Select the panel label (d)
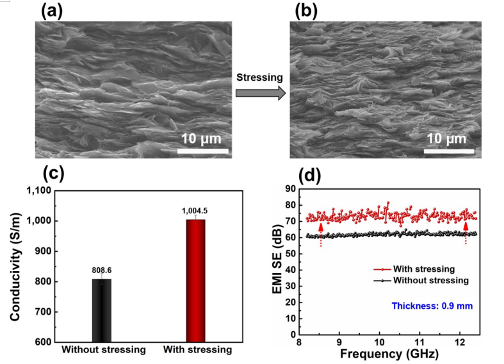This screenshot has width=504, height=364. tap(311, 174)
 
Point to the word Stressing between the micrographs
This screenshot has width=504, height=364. tap(259, 77)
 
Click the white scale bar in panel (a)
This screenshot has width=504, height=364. tap(203, 151)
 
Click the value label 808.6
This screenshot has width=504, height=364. tap(101, 270)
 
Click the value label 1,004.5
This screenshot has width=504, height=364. tap(195, 211)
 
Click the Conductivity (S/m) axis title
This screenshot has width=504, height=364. tap(14, 266)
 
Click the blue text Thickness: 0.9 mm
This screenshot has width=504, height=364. tap(432, 306)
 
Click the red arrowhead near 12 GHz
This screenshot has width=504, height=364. tap(466, 226)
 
